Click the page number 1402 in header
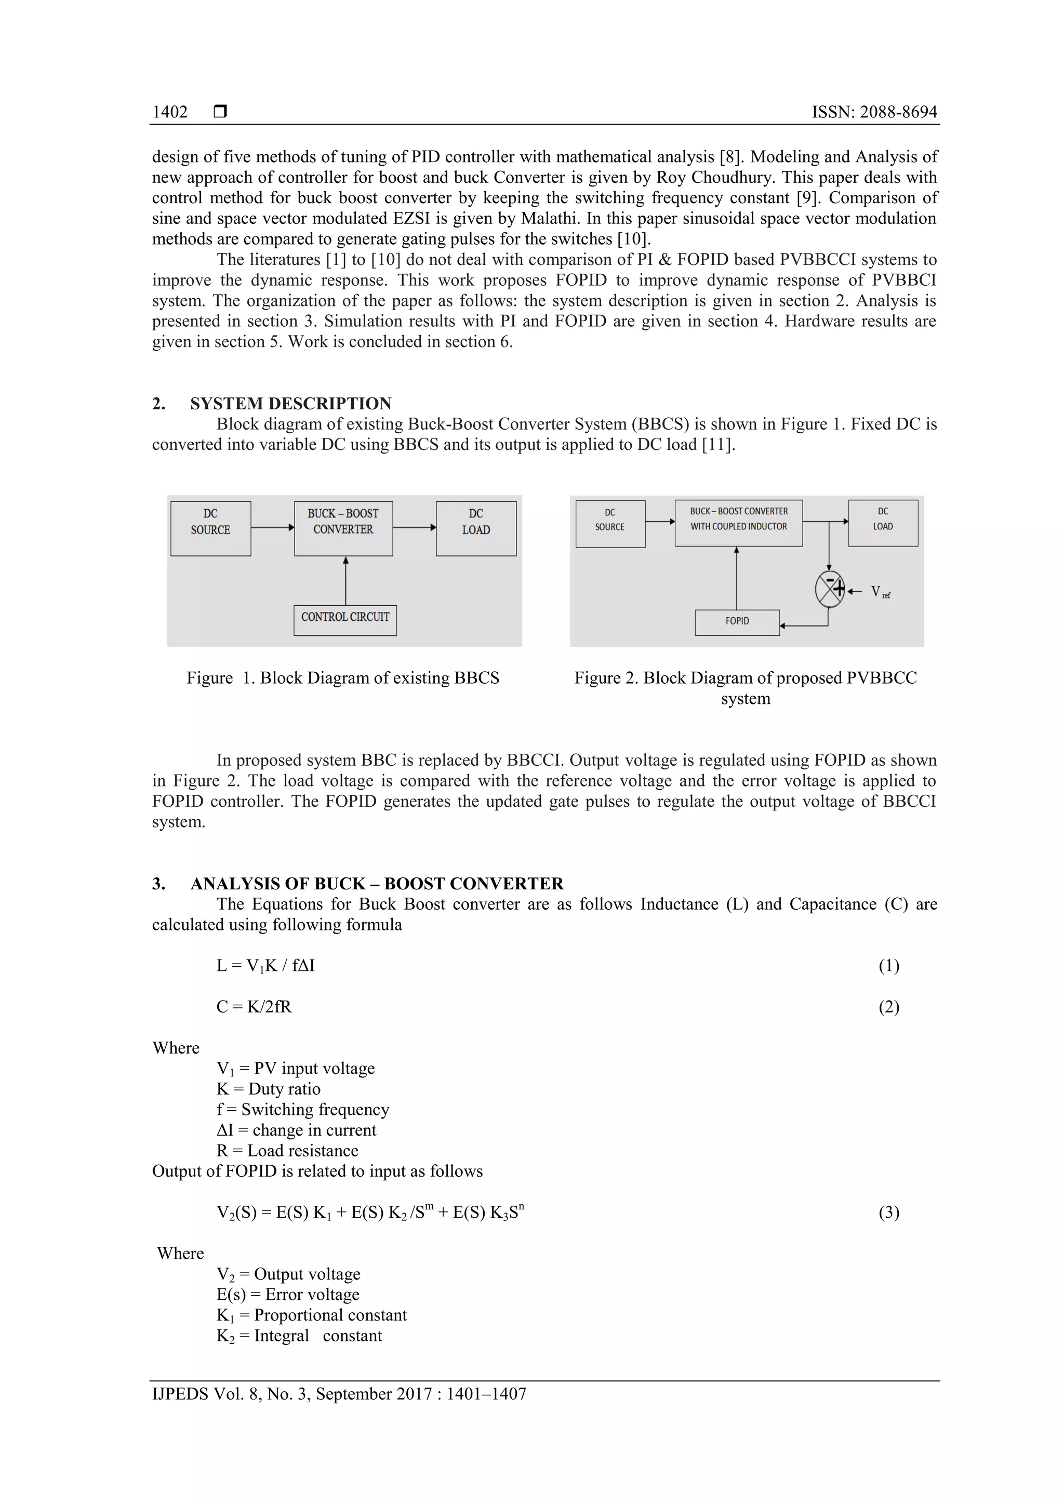tap(170, 112)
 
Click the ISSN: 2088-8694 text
tap(874, 112)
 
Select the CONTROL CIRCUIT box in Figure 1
tap(345, 619)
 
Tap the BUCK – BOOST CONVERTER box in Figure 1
tap(343, 528)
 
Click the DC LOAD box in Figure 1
tap(476, 528)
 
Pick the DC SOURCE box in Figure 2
tap(610, 524)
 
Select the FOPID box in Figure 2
tap(737, 622)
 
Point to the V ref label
tap(880, 593)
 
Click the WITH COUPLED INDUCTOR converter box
tap(738, 523)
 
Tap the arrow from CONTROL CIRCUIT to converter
tap(345, 581)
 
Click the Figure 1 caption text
tap(343, 678)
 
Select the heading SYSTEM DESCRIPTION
tap(290, 403)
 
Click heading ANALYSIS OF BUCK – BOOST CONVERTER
tap(376, 884)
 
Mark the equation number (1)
tap(888, 966)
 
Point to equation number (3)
tap(888, 1213)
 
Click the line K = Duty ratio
tap(268, 1089)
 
